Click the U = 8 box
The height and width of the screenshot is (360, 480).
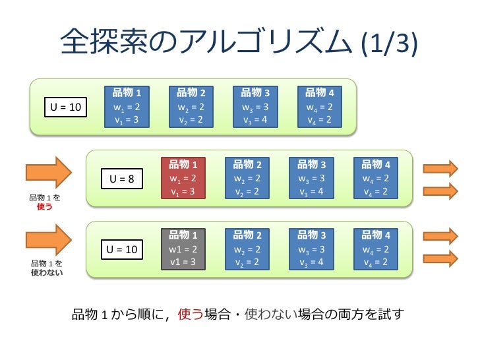click(121, 178)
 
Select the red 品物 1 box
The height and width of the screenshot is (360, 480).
click(183, 178)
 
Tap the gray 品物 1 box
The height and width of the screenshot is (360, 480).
click(183, 248)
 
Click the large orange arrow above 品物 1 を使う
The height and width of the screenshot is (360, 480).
click(48, 173)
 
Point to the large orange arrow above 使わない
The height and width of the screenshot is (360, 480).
click(48, 241)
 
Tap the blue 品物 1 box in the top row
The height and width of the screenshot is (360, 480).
click(127, 106)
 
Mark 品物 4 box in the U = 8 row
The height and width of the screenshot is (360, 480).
click(376, 178)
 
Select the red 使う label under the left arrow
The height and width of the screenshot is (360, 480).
click(45, 206)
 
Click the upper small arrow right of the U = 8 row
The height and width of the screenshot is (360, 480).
click(440, 168)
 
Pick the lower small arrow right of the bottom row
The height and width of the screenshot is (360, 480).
click(440, 258)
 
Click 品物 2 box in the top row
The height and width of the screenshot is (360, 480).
click(191, 106)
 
